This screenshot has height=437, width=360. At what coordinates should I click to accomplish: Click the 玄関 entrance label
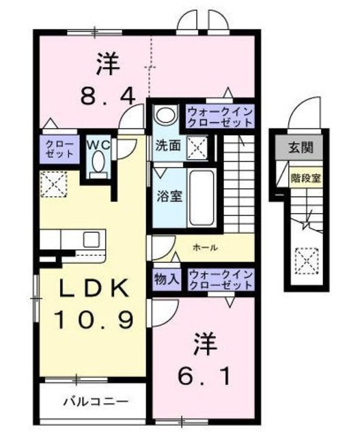tap(301, 147)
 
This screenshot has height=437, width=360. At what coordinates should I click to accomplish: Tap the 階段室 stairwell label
tap(305, 178)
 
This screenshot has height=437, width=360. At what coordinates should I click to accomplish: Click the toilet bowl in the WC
tap(98, 163)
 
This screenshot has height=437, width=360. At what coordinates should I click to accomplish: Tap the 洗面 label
tap(168, 145)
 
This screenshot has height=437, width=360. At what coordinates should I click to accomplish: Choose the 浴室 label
tap(169, 196)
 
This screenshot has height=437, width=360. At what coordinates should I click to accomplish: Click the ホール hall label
tap(205, 247)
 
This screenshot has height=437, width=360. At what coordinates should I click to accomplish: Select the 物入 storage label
tap(167, 279)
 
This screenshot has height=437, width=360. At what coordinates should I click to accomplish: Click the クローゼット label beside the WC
tap(59, 149)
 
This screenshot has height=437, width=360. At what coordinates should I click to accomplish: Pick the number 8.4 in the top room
tap(108, 95)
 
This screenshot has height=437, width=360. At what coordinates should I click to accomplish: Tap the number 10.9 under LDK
tap(93, 320)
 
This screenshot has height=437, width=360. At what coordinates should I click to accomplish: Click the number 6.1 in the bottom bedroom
tap(204, 376)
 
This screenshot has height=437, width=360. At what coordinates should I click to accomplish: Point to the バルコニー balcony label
tap(96, 401)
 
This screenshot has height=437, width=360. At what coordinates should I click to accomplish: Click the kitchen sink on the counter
tap(92, 239)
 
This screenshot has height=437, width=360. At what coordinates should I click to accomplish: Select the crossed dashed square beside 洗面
tap(197, 147)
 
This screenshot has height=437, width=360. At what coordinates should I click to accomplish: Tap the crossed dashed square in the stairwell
tap(307, 261)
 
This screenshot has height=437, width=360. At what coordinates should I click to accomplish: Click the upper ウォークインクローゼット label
tap(220, 117)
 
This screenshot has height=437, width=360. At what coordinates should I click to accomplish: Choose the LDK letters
tap(95, 287)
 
